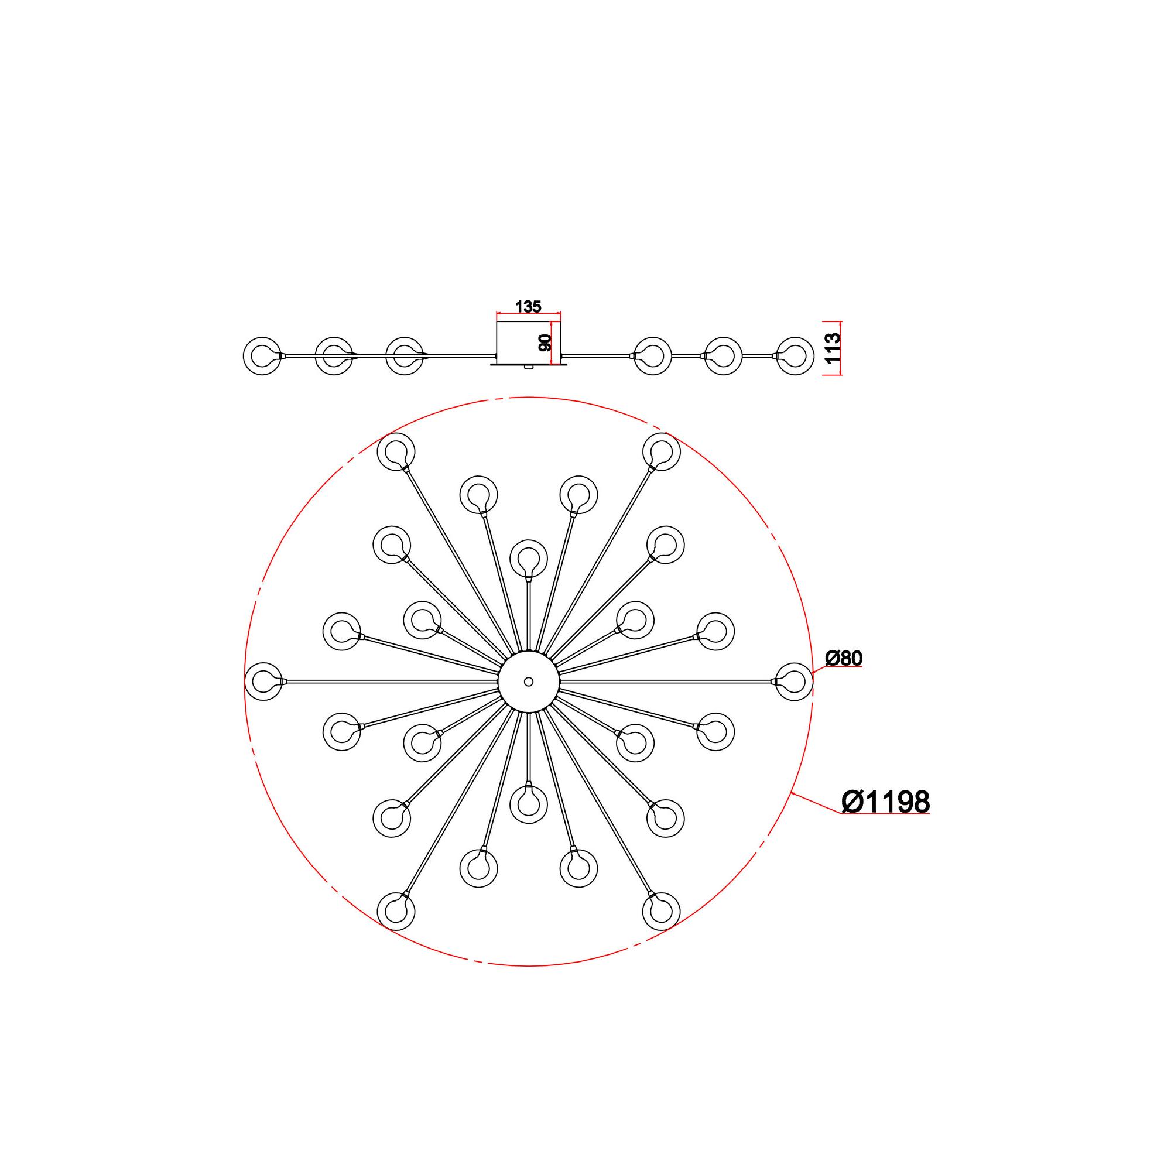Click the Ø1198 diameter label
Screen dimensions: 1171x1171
click(885, 802)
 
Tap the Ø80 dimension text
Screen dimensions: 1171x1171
click(844, 658)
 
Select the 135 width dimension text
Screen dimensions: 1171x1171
click(528, 307)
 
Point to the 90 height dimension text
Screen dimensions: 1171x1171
click(545, 343)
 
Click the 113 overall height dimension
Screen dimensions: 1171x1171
click(833, 348)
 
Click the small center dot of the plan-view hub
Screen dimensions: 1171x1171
click(529, 682)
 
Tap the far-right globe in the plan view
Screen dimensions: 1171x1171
click(793, 682)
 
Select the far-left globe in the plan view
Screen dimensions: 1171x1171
click(263, 682)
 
